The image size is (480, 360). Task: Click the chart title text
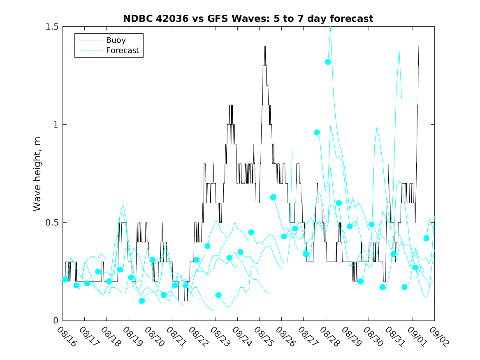point(248,19)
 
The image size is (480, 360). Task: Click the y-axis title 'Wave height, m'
point(37,174)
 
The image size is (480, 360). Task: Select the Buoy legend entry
point(116,40)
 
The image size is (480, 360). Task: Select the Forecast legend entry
point(122,51)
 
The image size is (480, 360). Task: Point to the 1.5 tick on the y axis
point(53,27)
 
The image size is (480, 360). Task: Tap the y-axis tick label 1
point(57,125)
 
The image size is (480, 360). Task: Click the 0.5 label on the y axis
point(53,223)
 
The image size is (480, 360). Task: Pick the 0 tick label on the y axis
point(57,321)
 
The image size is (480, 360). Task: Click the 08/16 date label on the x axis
point(67,337)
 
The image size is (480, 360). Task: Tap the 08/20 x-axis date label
point(154,337)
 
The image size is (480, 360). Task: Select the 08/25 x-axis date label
point(264,337)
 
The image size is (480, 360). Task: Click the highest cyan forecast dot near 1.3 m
point(328,62)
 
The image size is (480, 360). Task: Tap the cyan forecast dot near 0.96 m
point(317,132)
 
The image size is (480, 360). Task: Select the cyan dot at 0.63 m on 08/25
point(273,197)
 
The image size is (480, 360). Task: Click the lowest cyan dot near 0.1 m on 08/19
point(142,301)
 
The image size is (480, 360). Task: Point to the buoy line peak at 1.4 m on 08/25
point(265,46)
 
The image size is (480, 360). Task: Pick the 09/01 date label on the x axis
point(417,337)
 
